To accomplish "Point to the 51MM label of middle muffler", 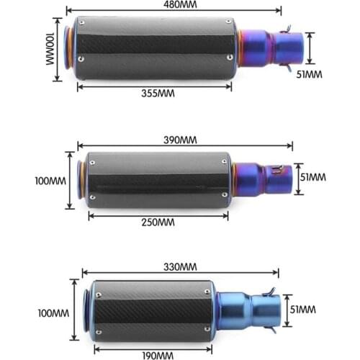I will coord(312,176).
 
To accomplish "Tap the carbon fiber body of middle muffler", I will coord(158,180).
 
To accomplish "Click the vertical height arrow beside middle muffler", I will coord(70,180).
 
